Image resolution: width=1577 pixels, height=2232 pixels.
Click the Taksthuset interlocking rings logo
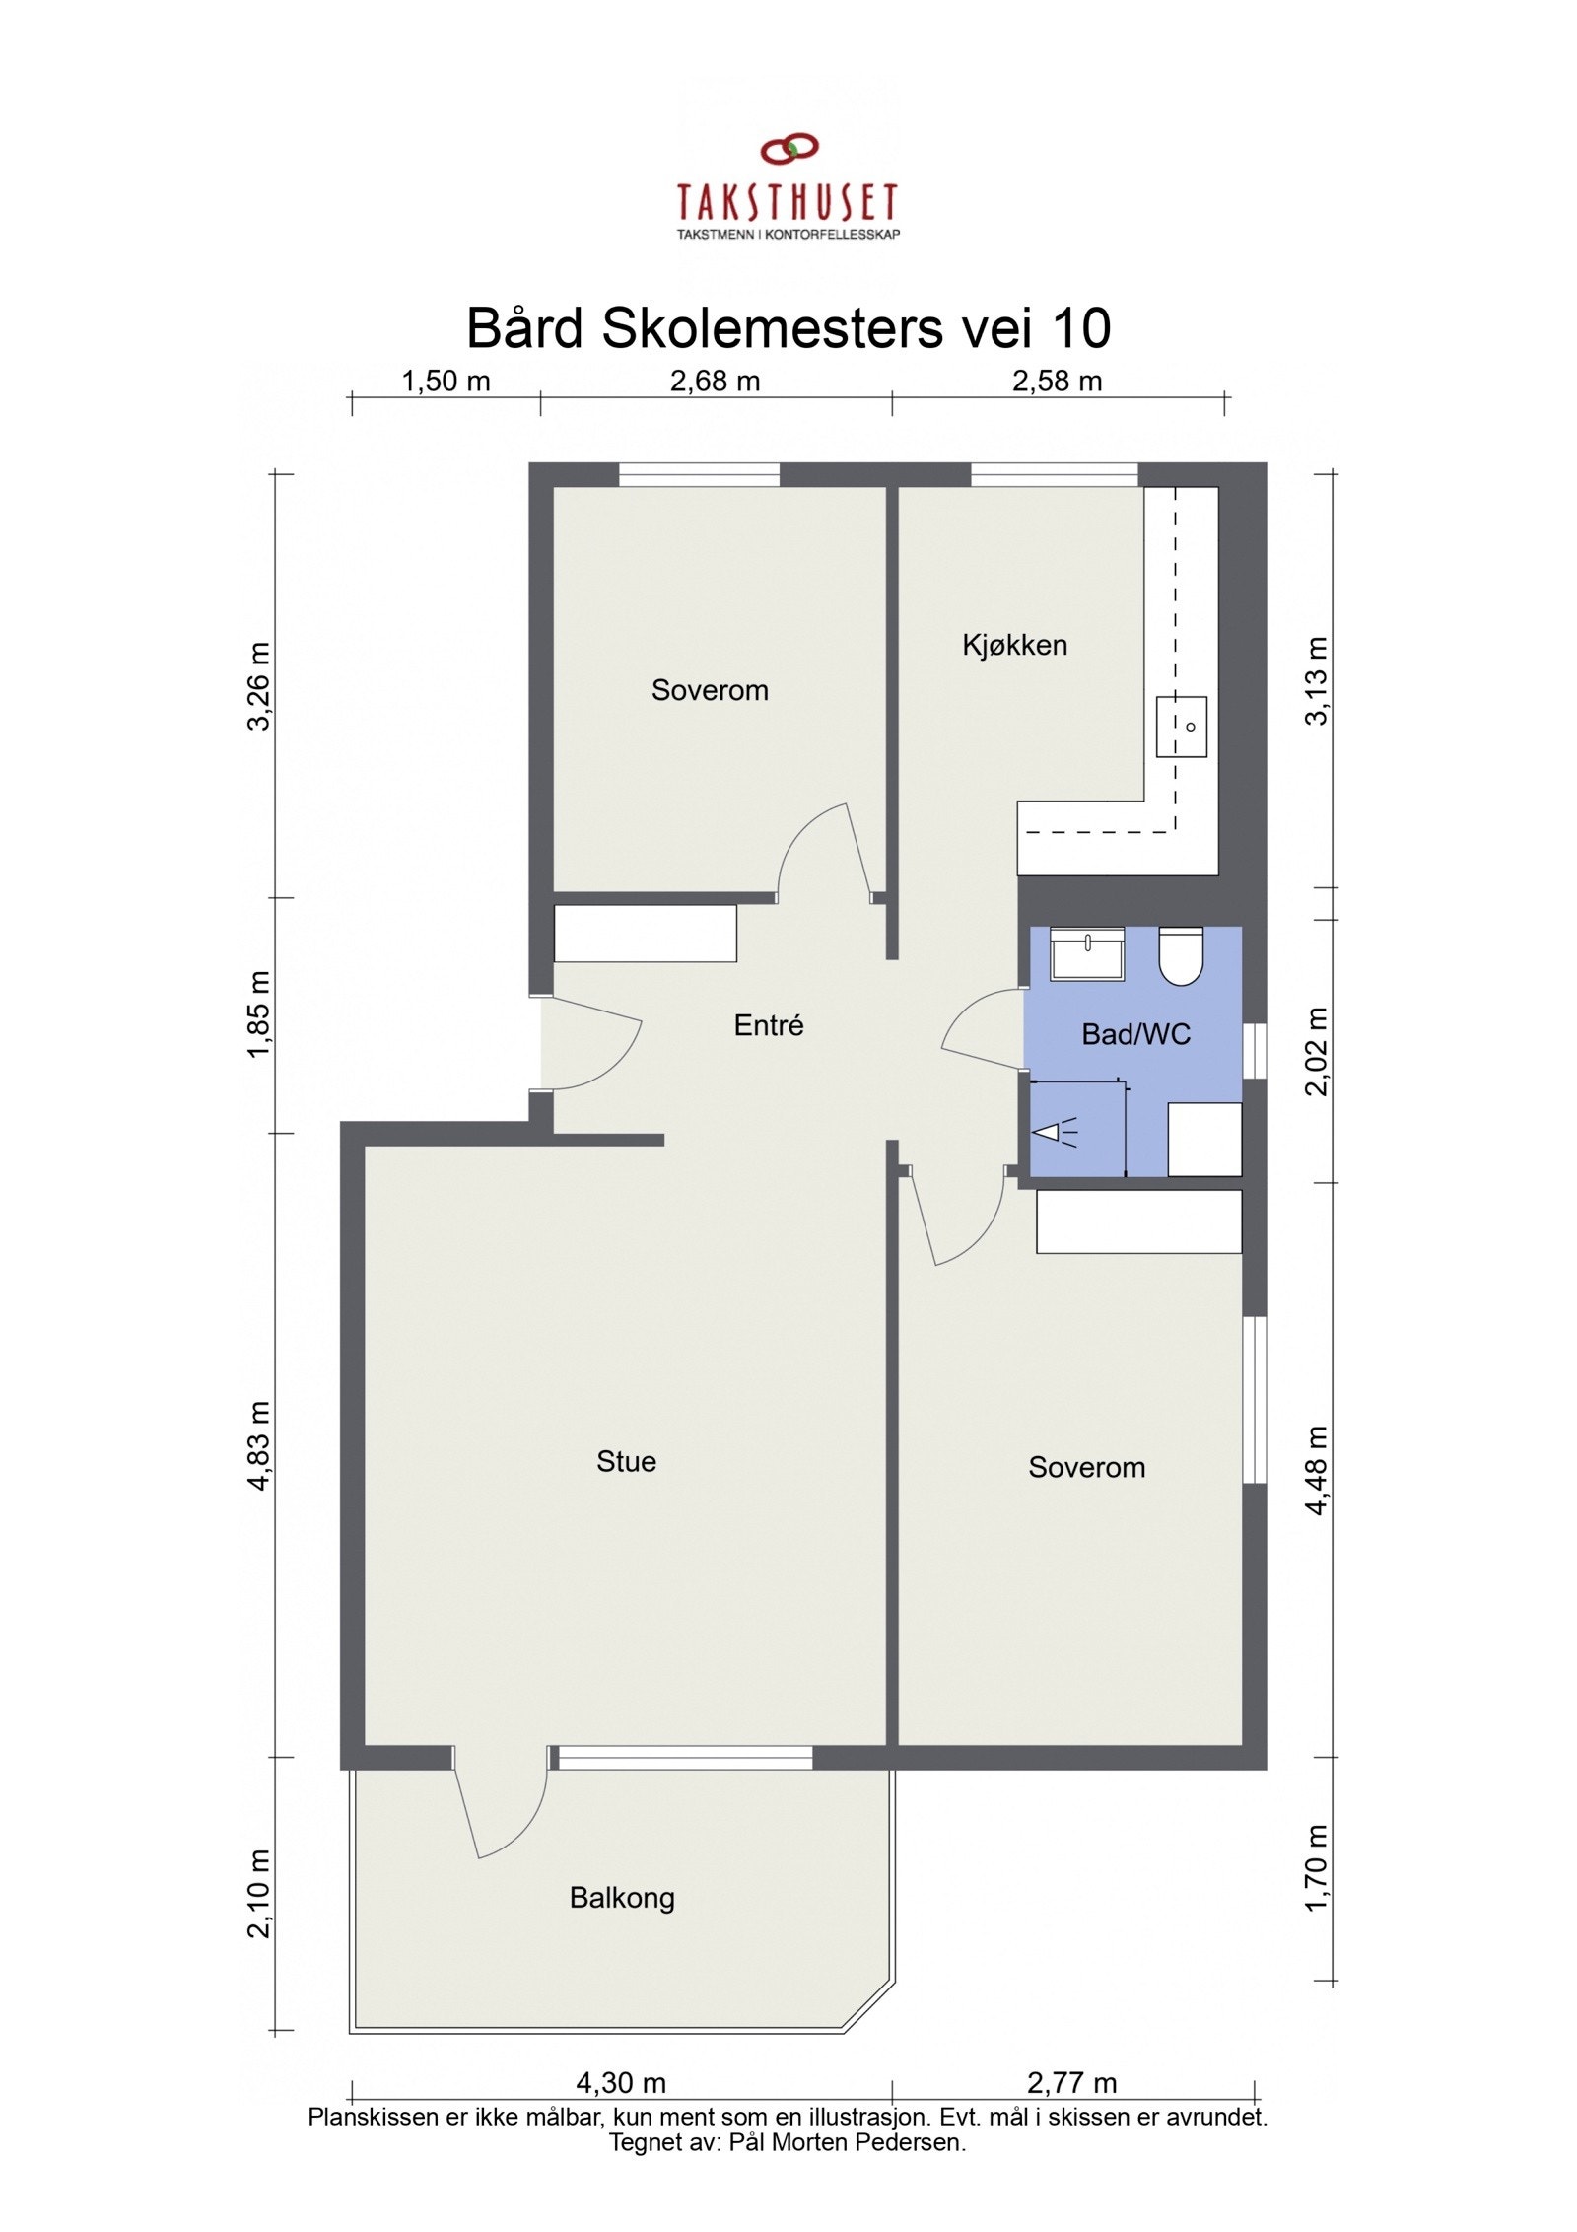pyautogui.click(x=789, y=149)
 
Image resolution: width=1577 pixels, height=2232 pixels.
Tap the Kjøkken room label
pyautogui.click(x=1014, y=646)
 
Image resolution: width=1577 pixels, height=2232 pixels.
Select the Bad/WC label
pyautogui.click(x=1135, y=1034)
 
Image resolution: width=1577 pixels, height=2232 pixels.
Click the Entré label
pyautogui.click(x=769, y=1025)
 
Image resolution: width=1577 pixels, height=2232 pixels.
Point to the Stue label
pyautogui.click(x=626, y=1461)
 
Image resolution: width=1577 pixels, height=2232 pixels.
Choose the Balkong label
pyautogui.click(x=622, y=1898)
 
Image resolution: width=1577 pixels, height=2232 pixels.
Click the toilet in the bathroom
pyautogui.click(x=1180, y=954)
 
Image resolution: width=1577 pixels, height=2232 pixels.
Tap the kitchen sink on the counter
pyautogui.click(x=1182, y=726)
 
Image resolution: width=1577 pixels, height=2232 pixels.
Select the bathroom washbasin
pyautogui.click(x=1086, y=952)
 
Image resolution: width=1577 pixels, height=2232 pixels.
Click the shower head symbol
pyautogui.click(x=1051, y=1134)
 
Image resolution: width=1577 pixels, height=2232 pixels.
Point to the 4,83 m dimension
pyautogui.click(x=258, y=1444)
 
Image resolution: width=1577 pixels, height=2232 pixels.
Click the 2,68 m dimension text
pyautogui.click(x=715, y=382)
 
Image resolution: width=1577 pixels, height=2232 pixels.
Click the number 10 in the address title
pyautogui.click(x=1081, y=328)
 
